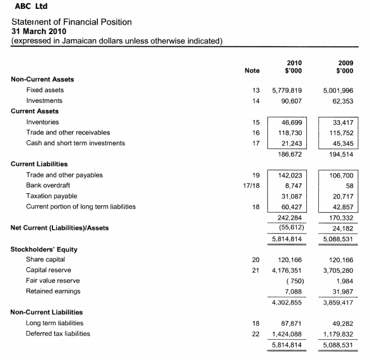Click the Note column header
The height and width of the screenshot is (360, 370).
[x=252, y=70]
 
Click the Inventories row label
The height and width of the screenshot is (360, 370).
[x=42, y=122]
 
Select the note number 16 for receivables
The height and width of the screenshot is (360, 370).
[x=256, y=133]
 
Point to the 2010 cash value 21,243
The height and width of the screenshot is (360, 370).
[x=291, y=143]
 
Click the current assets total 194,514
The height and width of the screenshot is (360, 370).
[x=342, y=153]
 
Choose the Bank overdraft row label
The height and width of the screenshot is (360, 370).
[x=48, y=186]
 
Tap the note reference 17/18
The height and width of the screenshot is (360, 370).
[x=252, y=186]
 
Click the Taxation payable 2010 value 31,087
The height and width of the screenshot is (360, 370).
[x=291, y=196]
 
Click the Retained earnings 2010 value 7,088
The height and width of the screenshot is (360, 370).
[x=294, y=291]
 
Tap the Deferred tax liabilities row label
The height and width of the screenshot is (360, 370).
[x=58, y=333]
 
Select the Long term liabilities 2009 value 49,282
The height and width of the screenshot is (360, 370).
[x=344, y=323]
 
